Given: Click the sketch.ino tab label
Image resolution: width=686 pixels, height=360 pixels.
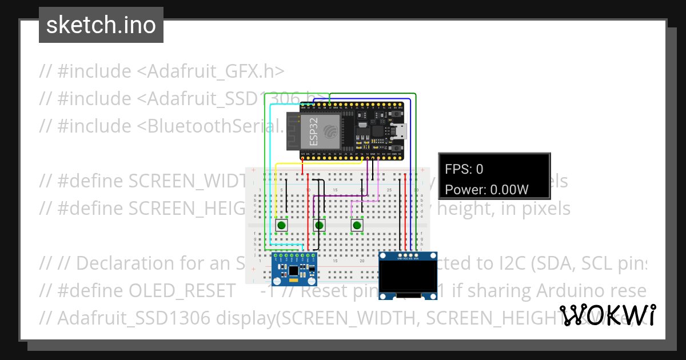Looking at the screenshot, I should click(101, 25).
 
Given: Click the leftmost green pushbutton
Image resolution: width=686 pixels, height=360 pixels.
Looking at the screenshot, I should click(282, 226).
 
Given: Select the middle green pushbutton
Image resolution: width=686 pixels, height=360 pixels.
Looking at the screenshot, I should click(320, 226).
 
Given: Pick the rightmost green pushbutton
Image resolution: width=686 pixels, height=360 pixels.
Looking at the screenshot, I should click(357, 226).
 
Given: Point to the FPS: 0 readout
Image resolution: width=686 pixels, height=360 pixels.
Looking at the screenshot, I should click(464, 169).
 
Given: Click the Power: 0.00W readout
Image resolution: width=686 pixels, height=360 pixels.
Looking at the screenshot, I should click(486, 190).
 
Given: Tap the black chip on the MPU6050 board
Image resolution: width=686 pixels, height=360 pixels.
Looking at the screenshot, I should click(293, 270).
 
